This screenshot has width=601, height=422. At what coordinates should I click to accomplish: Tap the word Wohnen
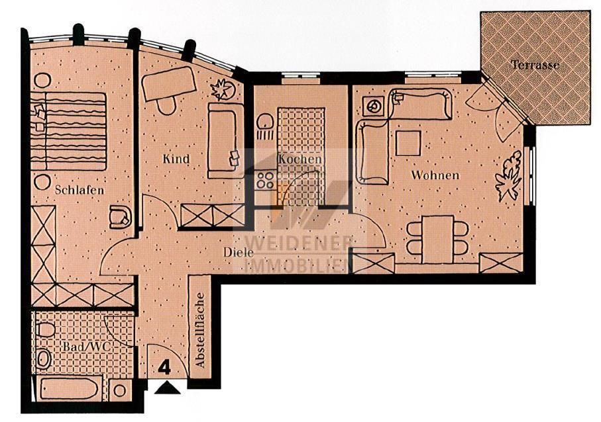click(x=435, y=175)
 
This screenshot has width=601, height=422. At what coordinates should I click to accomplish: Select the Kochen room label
click(x=300, y=159)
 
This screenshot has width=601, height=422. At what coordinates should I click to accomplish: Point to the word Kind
click(x=176, y=159)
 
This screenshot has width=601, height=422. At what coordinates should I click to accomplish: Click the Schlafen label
click(x=79, y=190)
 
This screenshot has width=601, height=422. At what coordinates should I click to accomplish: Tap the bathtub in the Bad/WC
click(x=71, y=388)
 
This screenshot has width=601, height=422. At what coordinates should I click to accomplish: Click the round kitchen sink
click(x=266, y=123)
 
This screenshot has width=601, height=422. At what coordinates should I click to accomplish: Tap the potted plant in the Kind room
click(x=219, y=89)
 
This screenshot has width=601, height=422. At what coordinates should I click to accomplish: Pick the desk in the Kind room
click(x=170, y=83)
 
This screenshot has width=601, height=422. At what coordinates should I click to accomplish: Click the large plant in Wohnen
click(x=510, y=175)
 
